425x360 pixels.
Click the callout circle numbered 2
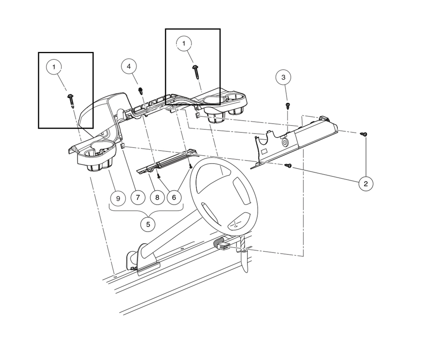[x=366, y=184]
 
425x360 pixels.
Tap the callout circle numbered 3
[x=283, y=77]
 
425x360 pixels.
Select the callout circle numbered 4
[x=129, y=66]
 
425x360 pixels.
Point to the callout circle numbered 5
[x=148, y=224]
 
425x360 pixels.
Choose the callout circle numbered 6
[x=174, y=197]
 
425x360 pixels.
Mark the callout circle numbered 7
[x=138, y=197]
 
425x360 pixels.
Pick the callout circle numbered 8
[x=157, y=197]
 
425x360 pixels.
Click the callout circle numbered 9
[x=118, y=198]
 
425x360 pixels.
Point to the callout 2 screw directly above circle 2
[x=364, y=134]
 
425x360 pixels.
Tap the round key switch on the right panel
[x=286, y=142]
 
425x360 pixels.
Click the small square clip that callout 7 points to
[x=123, y=146]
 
